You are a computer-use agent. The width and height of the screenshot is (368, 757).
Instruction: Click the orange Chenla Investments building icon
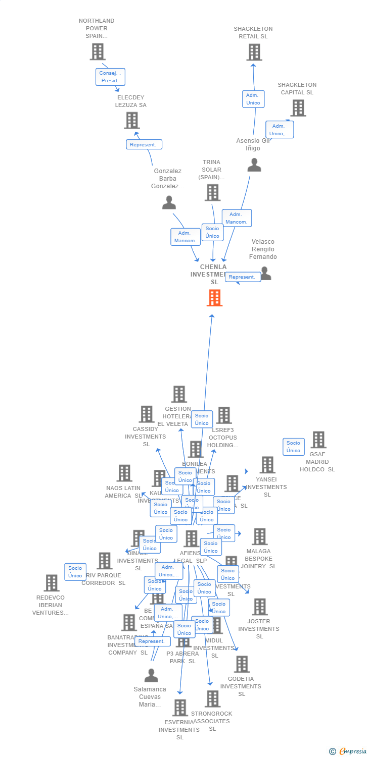214,298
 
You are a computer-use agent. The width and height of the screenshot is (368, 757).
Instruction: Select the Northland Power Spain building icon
98,51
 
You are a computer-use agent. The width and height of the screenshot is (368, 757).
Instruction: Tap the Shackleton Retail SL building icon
254,51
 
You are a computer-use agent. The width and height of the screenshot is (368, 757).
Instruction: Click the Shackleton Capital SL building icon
298,107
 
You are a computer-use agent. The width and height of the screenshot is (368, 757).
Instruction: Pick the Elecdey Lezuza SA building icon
131,120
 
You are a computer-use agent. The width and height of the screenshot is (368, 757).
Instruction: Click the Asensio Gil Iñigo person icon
254,165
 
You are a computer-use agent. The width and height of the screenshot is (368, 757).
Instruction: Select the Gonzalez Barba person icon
169,202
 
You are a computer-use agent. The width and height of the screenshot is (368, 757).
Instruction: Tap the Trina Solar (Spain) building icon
212,192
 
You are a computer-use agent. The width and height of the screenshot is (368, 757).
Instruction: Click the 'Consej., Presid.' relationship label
110,77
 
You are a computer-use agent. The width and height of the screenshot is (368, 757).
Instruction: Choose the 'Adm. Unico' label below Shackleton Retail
253,99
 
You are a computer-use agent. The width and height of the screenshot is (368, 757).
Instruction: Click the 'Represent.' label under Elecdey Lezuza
144,144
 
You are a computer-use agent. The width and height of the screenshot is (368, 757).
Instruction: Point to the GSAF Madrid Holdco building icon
318,440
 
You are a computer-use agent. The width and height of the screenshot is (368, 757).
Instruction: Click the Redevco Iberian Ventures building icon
51,583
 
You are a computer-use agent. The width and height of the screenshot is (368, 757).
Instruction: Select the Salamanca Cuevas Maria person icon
151,675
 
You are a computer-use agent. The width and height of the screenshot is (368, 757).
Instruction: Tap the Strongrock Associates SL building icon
212,699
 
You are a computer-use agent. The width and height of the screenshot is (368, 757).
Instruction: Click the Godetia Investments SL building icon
242,664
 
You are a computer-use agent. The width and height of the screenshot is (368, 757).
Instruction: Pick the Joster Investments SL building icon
259,607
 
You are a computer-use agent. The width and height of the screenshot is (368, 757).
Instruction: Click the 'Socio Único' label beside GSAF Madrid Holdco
293,447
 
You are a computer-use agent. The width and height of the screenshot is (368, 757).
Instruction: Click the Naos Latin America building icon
124,473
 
